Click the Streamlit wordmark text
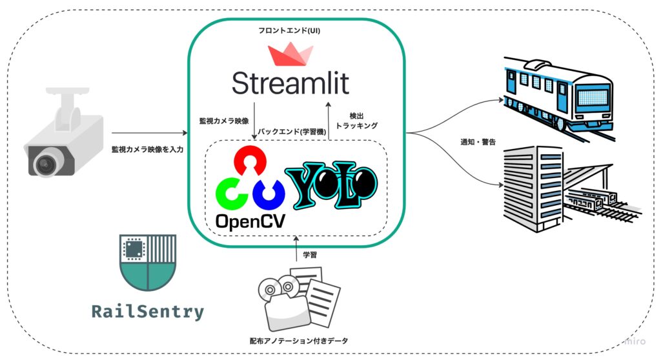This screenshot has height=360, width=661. [290, 83]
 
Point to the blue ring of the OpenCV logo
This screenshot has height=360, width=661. [268, 192]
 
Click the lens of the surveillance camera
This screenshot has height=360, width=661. [44, 165]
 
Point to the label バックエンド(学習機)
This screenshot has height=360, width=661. [287, 132]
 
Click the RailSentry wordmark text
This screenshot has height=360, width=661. [147, 313]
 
